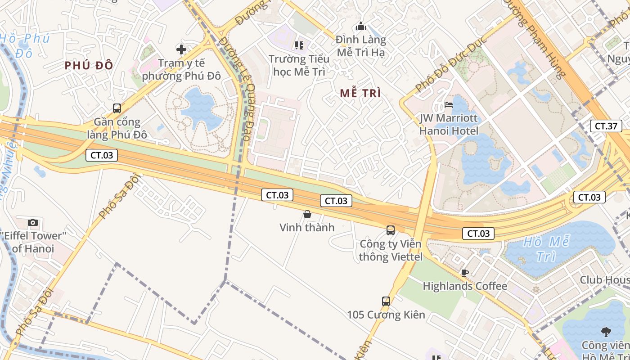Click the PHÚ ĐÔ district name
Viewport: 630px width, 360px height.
click(89, 66)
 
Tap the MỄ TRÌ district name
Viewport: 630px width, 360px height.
click(360, 94)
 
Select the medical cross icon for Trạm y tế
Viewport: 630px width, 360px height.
click(181, 49)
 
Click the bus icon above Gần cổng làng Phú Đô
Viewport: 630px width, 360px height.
click(117, 108)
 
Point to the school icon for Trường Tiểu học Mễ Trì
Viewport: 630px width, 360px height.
click(299, 45)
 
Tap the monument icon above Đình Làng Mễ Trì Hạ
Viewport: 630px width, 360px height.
click(360, 27)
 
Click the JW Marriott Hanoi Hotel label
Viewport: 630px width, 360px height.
click(449, 125)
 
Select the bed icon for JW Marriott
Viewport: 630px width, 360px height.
click(449, 105)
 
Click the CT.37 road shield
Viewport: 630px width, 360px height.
click(606, 126)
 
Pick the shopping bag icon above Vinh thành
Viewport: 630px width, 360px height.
click(307, 214)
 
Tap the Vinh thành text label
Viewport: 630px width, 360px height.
click(307, 227)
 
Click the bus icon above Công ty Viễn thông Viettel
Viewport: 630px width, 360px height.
click(391, 230)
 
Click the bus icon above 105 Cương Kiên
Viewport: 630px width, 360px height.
click(386, 301)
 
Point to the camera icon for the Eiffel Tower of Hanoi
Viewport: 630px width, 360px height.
click(33, 222)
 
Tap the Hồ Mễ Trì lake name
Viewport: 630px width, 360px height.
click(547, 249)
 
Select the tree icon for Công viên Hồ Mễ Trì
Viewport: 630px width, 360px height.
click(606, 332)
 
